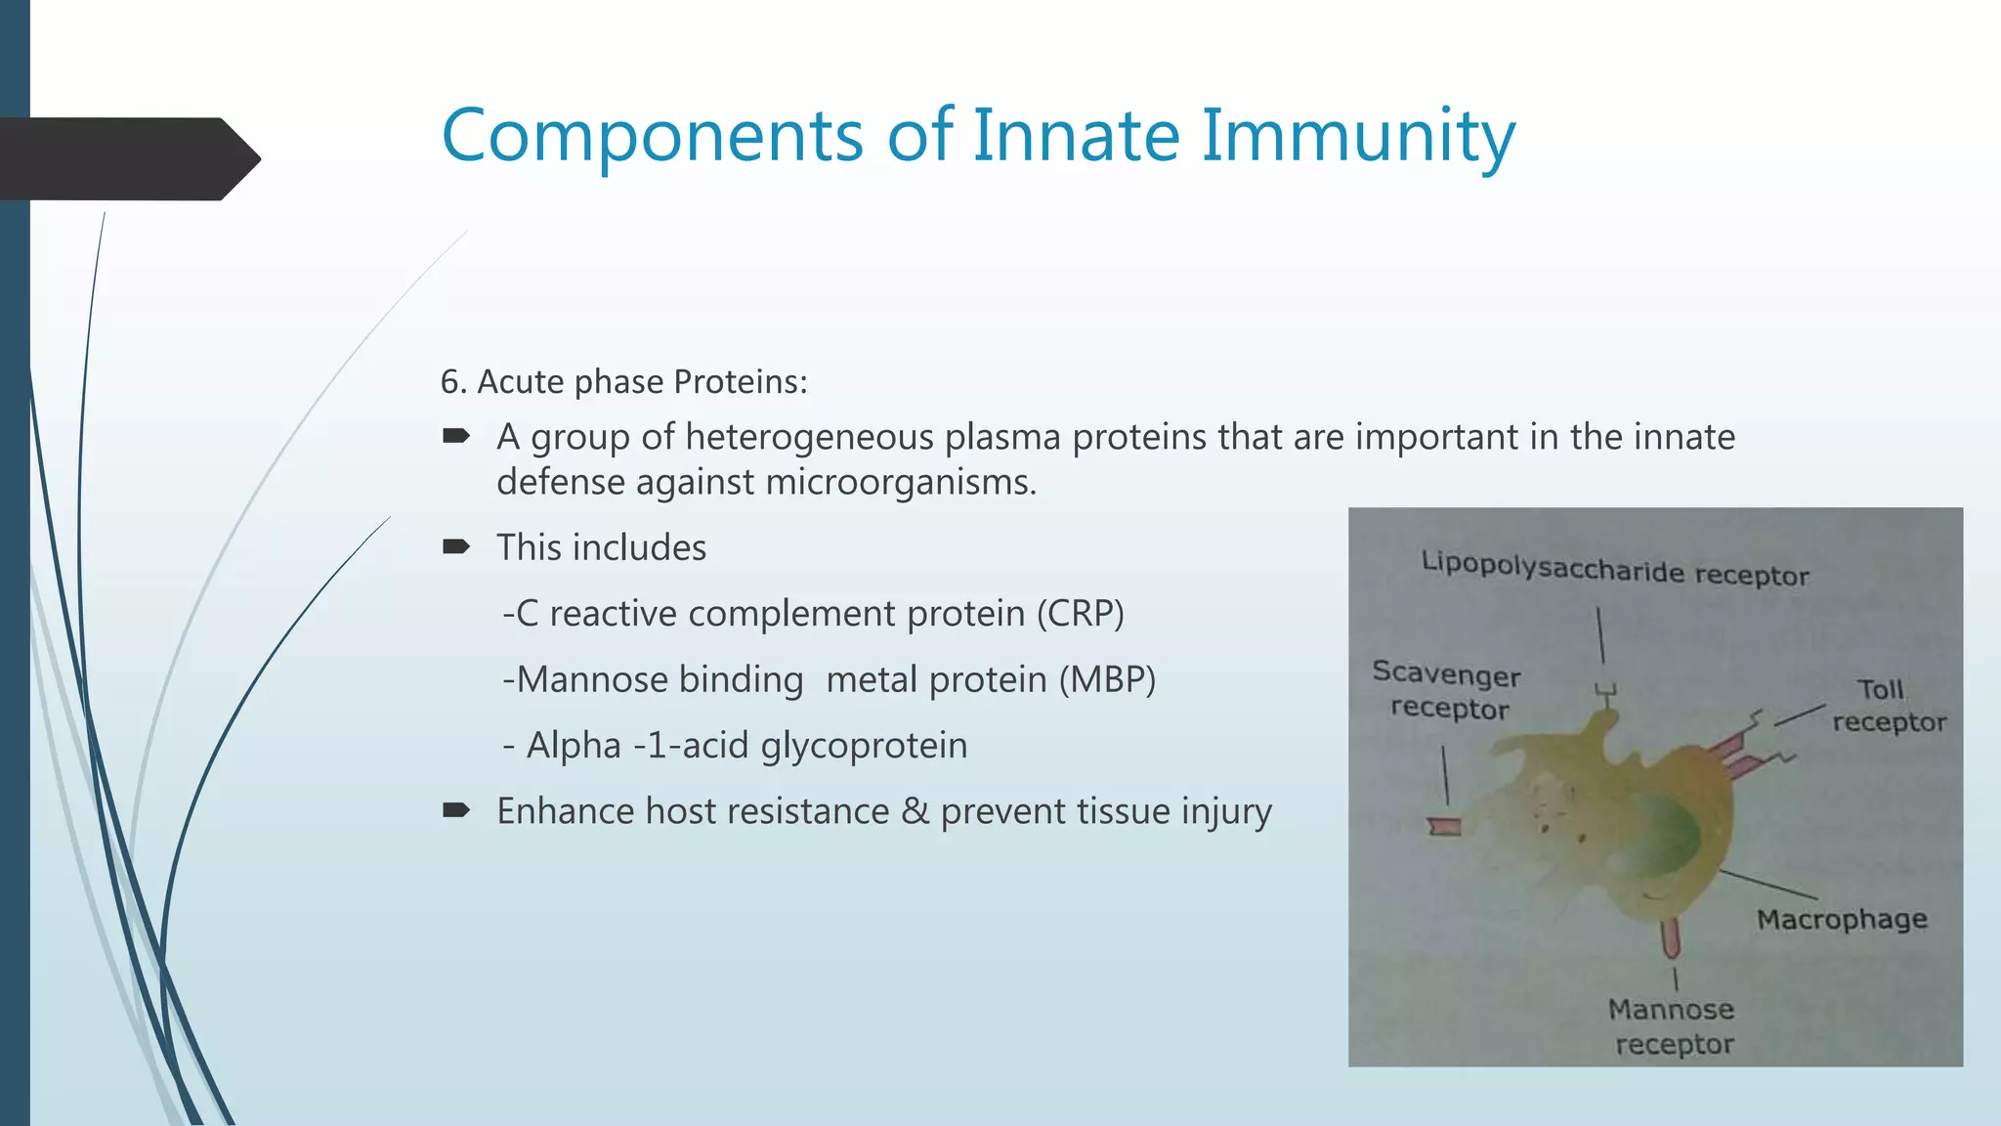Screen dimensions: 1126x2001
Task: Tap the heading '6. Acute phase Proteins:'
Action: (623, 381)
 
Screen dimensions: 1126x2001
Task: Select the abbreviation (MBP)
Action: (1107, 679)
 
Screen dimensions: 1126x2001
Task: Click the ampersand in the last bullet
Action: (915, 811)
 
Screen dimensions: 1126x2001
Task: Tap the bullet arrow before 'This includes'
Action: (456, 546)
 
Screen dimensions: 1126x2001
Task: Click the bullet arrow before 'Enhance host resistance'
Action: (456, 810)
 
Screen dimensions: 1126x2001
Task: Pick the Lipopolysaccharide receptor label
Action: (1614, 568)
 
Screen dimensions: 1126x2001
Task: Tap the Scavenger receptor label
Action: (1447, 690)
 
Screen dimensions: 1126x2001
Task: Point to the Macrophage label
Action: (1841, 919)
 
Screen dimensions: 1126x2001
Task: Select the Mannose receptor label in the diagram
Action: (1672, 1026)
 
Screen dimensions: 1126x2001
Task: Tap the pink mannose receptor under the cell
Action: (1670, 938)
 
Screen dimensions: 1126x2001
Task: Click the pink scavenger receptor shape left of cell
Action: (1443, 827)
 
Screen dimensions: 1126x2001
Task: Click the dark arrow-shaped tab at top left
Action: (127, 159)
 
